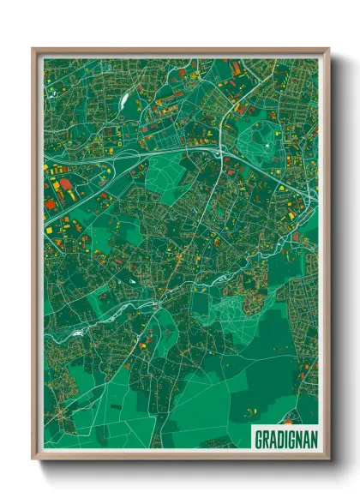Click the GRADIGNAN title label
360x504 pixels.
tap(285, 439)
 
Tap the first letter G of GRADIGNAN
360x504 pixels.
tap(258, 439)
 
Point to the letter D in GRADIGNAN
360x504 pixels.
tap(278, 439)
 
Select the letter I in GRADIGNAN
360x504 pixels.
tap(285, 439)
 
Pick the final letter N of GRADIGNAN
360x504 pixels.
tap(313, 439)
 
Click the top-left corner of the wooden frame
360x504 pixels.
tap(33, 49)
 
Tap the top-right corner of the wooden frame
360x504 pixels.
tap(328, 49)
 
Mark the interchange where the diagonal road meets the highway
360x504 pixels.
tap(219, 152)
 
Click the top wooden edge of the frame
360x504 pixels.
tap(180, 51)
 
